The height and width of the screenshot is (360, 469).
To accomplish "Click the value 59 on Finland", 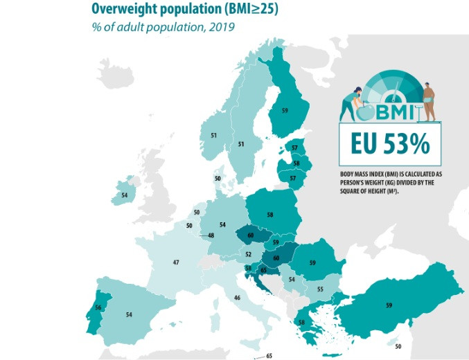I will tap(285, 109).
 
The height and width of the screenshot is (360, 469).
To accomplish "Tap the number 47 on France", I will tap(177, 262).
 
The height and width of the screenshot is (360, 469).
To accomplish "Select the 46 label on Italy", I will tap(238, 298).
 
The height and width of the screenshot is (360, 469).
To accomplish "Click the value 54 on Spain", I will tap(129, 315).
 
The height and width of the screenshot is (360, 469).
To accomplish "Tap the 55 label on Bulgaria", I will tap(320, 289).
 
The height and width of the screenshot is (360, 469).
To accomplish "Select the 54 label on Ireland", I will tap(124, 196).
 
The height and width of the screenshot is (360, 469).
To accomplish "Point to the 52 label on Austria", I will tap(248, 254).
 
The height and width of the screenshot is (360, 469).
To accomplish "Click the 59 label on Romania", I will tap(312, 263).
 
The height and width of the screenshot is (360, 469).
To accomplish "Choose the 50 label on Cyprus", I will tap(398, 346).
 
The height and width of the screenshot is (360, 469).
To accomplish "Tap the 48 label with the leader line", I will tap(211, 235).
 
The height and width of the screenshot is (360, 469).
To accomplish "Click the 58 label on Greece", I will tap(301, 322).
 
